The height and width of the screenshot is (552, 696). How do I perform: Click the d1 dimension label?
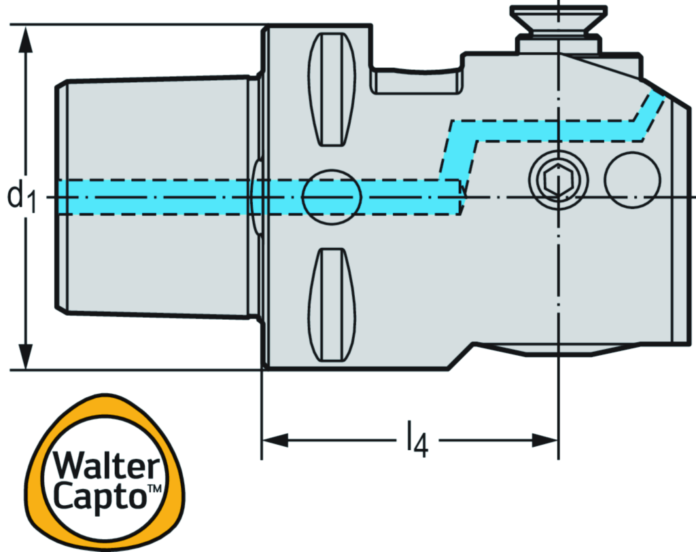coord(21,197)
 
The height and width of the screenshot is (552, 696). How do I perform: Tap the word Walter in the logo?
coord(107,467)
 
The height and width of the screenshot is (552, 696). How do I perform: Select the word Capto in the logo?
coord(101,496)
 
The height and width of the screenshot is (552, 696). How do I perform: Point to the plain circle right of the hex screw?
coord(632,180)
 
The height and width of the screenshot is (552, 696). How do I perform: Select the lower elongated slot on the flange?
coord(333,306)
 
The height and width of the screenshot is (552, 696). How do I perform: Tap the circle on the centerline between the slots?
coord(332,197)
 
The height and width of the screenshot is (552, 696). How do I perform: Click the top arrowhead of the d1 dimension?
coord(26,41)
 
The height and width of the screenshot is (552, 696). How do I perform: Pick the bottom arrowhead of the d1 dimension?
coord(26,354)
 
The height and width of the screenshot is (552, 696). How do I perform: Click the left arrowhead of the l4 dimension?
coord(275,441)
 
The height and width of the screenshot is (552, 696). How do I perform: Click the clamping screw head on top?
coord(557,19)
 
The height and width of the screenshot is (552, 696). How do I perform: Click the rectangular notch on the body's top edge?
coord(417,80)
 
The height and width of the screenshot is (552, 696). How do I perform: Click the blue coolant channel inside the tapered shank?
coord(156,197)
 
